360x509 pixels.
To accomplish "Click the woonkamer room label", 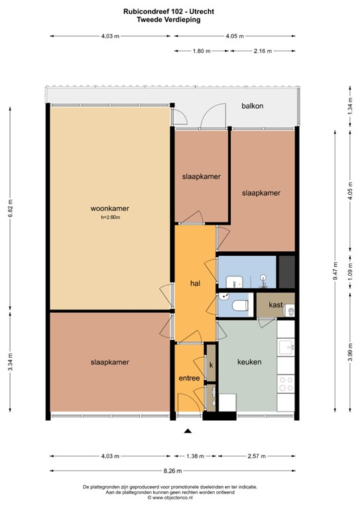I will [110, 209].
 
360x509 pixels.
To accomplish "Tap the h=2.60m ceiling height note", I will [110, 217].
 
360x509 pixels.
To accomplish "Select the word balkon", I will [252, 105].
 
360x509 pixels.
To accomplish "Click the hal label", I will [195, 284].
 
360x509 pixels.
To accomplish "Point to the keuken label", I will [249, 363].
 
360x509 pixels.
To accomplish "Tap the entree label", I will [189, 378].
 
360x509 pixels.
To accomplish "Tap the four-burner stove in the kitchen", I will [286, 385].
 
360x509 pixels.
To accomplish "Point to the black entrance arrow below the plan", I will [188, 431].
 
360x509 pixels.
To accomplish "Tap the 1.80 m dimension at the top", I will [202, 50].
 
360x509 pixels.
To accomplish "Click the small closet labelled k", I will [211, 365].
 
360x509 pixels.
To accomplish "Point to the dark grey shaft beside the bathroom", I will [286, 270].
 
